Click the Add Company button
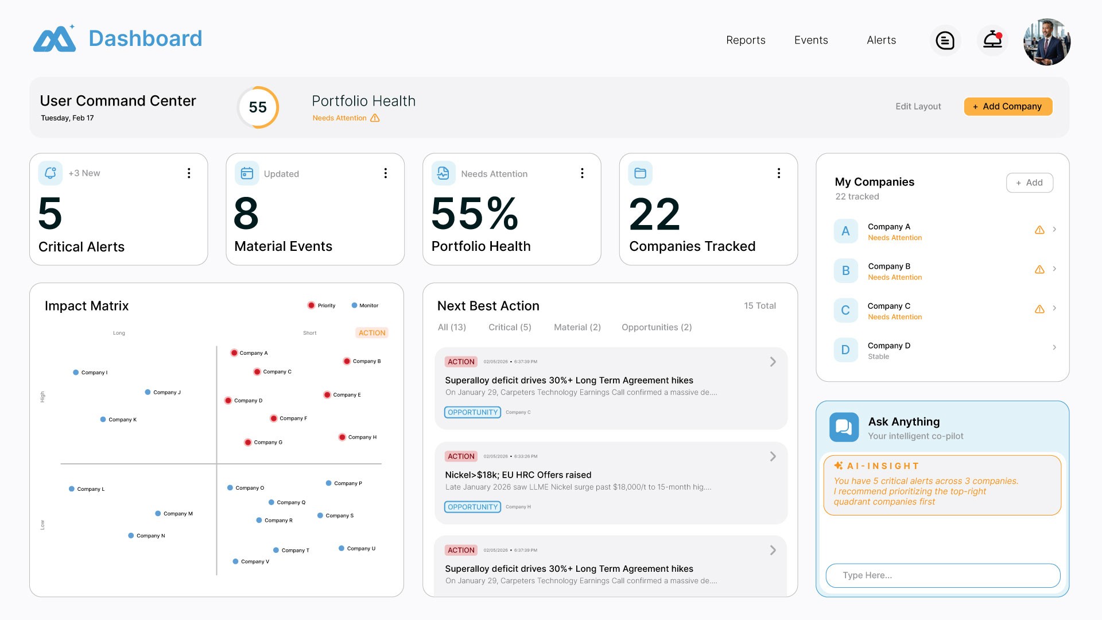[x=1008, y=106]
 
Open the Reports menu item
[x=746, y=40]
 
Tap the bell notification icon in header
[x=992, y=40]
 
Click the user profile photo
[x=1046, y=41]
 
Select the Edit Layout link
[x=918, y=106]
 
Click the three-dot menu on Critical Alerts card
[x=189, y=173]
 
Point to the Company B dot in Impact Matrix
[x=347, y=361]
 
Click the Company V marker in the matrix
[x=235, y=561]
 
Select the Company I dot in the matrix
[x=76, y=373]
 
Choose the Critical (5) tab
[x=510, y=327]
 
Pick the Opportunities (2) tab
[x=657, y=327]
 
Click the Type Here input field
[x=942, y=575]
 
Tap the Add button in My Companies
[x=1029, y=183]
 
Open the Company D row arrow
[x=1054, y=347]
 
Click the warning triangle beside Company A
[x=1039, y=230]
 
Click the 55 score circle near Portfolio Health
[x=258, y=107]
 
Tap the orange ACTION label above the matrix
[x=372, y=333]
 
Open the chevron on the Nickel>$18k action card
[x=773, y=456]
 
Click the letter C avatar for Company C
[x=845, y=310]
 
